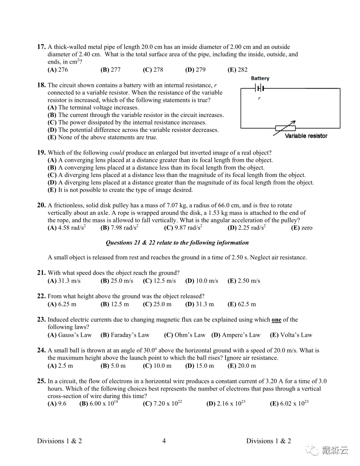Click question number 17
[41, 47]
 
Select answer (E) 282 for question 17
[237, 70]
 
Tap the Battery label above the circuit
[260, 79]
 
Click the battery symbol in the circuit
[260, 88]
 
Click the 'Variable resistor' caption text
[306, 136]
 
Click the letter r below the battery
[259, 98]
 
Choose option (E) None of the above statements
[102, 137]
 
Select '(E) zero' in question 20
[302, 228]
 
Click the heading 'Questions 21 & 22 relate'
[177, 243]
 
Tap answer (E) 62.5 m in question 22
[241, 304]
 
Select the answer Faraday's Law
[125, 335]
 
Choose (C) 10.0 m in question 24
[157, 366]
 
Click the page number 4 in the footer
[164, 441]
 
